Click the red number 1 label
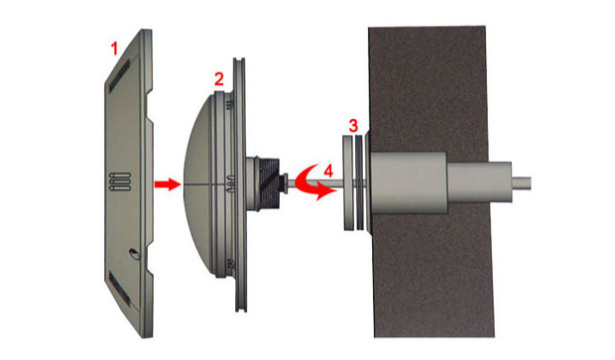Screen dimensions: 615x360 (x=114, y=49)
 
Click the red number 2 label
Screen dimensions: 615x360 (x=219, y=79)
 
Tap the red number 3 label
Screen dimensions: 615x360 (x=353, y=126)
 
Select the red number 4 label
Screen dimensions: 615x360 (x=328, y=171)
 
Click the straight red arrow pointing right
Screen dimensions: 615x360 (x=168, y=183)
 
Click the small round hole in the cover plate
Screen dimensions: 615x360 (x=134, y=254)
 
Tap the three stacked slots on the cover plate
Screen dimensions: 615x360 (x=120, y=181)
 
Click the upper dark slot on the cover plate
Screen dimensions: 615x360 (x=119, y=75)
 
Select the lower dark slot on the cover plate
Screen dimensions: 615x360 (x=119, y=289)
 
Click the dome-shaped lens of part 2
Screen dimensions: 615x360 (x=198, y=183)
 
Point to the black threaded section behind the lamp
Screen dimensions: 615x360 (x=269, y=183)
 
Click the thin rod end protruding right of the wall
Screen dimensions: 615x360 (x=521, y=183)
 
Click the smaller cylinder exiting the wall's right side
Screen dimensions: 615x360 (x=479, y=182)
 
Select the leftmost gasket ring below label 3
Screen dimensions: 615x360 (x=348, y=183)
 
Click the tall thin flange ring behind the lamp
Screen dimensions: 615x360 (x=239, y=184)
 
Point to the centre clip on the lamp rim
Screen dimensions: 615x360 (x=231, y=183)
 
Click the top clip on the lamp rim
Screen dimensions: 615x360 (x=230, y=103)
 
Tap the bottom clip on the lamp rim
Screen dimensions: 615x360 (x=230, y=264)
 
